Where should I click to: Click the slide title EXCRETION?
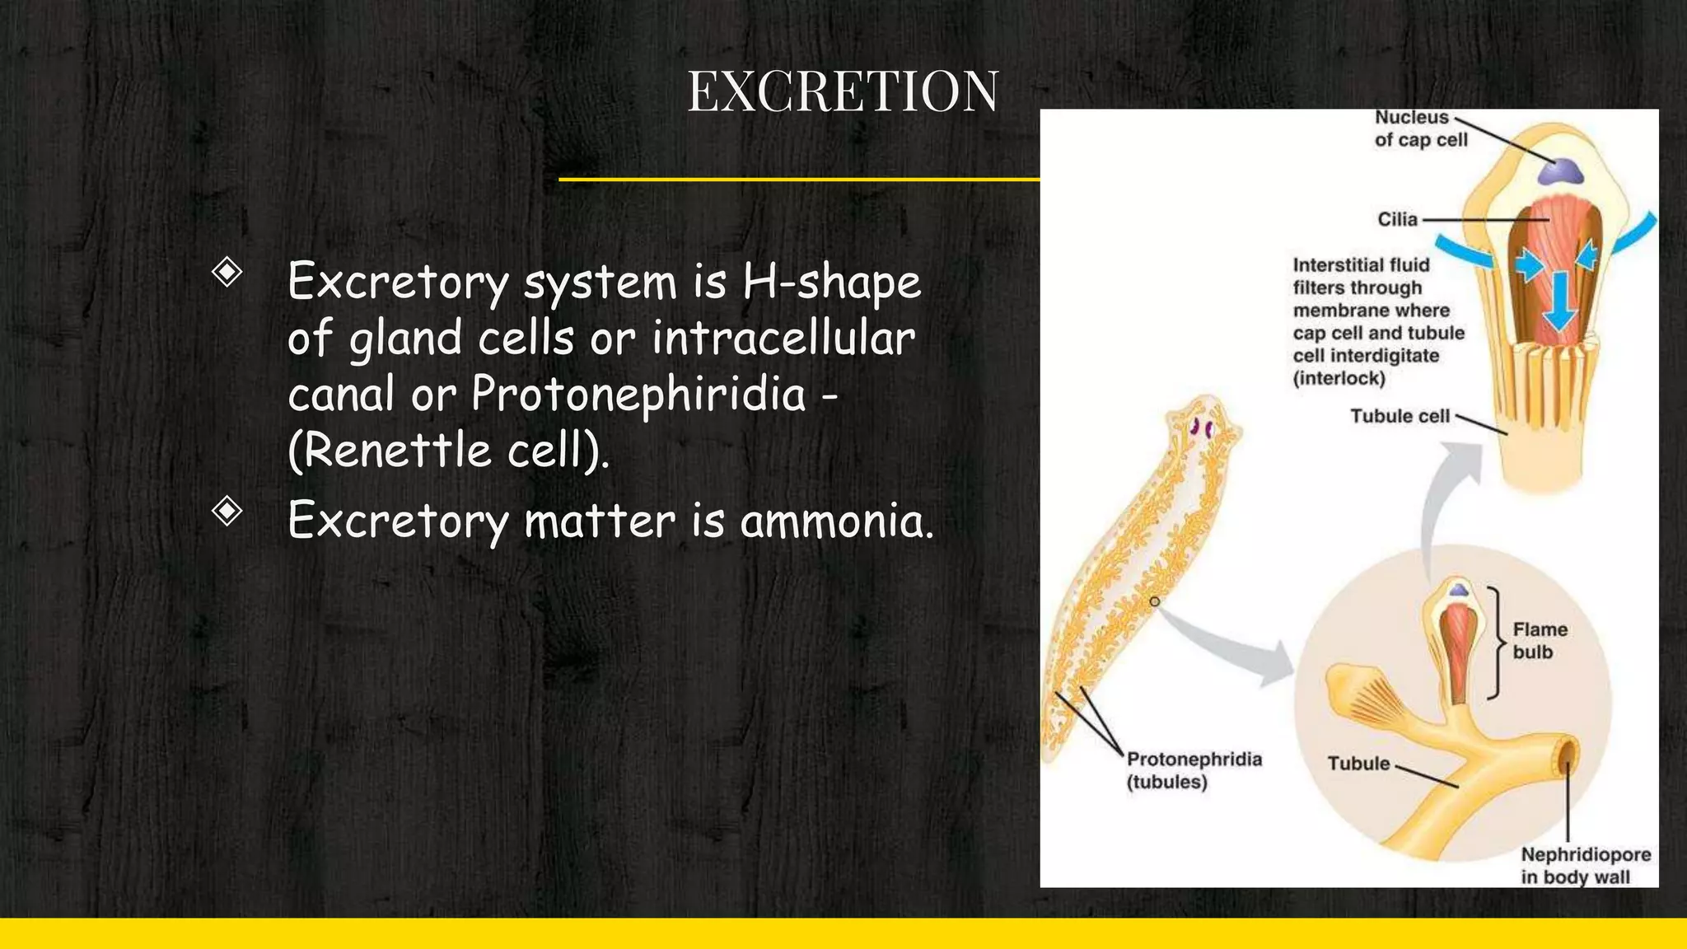coord(843,91)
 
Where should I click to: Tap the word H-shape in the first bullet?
coord(831,282)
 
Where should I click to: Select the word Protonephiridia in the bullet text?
coord(638,394)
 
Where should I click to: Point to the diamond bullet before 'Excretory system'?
coord(227,272)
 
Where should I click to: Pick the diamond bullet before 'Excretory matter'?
coord(227,511)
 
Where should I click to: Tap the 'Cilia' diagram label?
coord(1397,219)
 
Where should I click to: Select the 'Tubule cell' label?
coord(1400,416)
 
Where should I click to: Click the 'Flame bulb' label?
coord(1539,641)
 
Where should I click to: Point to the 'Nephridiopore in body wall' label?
coord(1585,866)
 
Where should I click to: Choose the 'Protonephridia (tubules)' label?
coord(1194,770)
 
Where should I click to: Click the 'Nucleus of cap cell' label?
coord(1420,129)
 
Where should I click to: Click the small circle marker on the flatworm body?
coord(1155,601)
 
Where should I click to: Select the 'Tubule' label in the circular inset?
coord(1358,764)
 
